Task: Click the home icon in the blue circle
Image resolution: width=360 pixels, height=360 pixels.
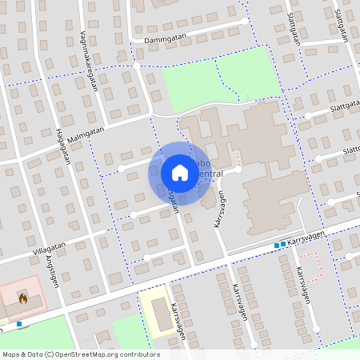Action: tap(179, 172)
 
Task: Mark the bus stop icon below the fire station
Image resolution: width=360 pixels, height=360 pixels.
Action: tap(18, 324)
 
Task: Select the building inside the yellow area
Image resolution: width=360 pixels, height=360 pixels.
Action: tap(162, 315)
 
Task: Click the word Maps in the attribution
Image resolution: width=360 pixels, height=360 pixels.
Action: tap(12, 354)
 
